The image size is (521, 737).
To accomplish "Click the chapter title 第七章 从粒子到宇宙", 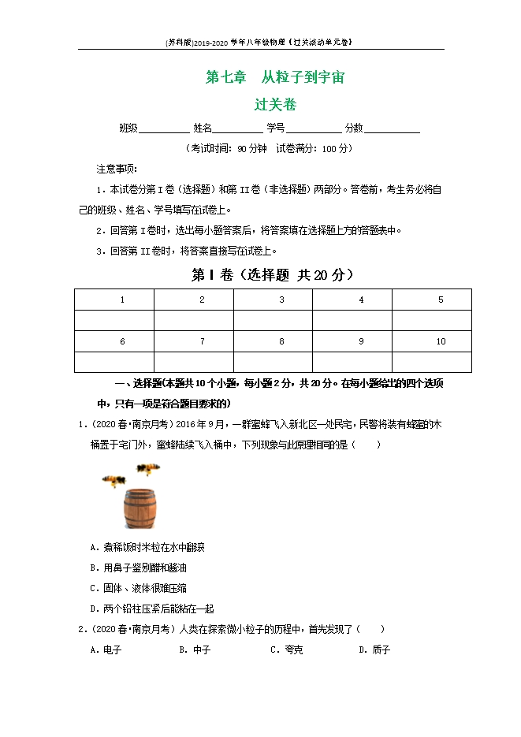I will (274, 78).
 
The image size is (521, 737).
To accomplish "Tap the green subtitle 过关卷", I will (275, 104).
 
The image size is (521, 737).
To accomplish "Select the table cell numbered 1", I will (122, 300).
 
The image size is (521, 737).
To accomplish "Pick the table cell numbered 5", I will (440, 300).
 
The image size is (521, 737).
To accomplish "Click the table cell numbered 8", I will (281, 341).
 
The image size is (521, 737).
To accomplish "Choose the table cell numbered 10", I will (441, 341).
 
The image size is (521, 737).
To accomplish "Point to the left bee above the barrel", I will (114, 479).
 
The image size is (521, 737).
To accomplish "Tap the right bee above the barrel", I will (147, 469).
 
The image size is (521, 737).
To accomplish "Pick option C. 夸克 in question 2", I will (287, 650).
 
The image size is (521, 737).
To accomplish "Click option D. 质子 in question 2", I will (374, 650).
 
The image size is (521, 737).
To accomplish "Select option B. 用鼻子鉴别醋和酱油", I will (139, 568).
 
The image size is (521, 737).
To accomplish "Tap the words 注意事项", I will (117, 169).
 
